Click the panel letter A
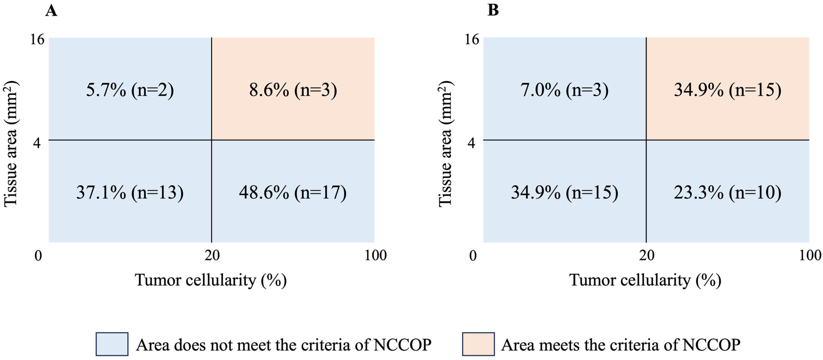coord(51,11)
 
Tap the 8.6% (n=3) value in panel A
coord(293,90)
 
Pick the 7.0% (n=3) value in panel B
coord(565,90)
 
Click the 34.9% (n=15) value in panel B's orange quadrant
coord(728,90)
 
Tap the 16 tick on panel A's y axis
coord(37,40)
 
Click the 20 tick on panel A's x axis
coord(212,255)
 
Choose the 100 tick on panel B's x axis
coord(810,255)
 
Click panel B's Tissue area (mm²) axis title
coord(445,144)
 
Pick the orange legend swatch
coord(478,344)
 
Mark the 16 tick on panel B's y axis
coord(472,40)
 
